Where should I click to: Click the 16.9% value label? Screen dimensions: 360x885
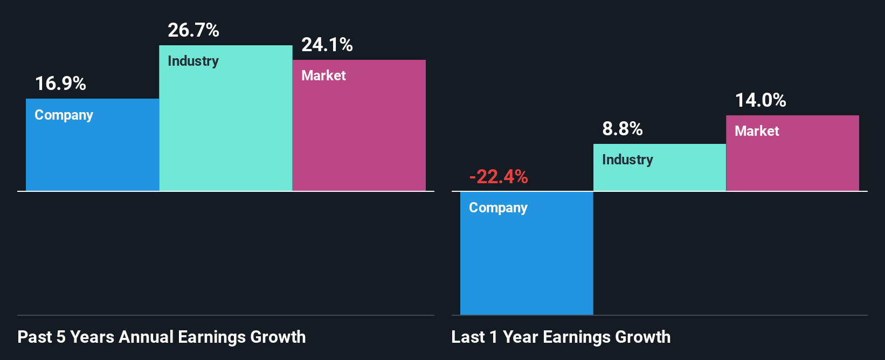pos(60,84)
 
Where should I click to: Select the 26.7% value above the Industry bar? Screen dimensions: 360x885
pos(193,30)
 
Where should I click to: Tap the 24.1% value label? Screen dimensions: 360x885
pos(327,45)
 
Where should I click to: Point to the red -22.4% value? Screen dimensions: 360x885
pos(499,177)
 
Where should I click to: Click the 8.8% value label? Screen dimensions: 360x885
pos(623,129)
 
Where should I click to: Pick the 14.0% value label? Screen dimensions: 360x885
pos(760,100)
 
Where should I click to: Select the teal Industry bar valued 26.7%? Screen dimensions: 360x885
pos(225,129)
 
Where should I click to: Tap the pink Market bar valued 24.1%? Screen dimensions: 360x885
pos(359,135)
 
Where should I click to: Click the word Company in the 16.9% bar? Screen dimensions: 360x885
pos(64,115)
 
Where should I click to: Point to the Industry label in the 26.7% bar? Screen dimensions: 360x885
pos(193,61)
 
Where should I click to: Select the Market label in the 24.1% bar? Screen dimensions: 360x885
pos(323,75)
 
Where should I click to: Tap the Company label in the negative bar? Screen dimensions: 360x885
pos(498,208)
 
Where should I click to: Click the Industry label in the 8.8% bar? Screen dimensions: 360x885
pos(627,160)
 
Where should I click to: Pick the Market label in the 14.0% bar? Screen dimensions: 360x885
pos(757,131)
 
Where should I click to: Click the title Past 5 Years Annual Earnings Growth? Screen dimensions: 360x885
pos(162,337)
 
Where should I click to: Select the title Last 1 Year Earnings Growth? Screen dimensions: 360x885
pos(561,337)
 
